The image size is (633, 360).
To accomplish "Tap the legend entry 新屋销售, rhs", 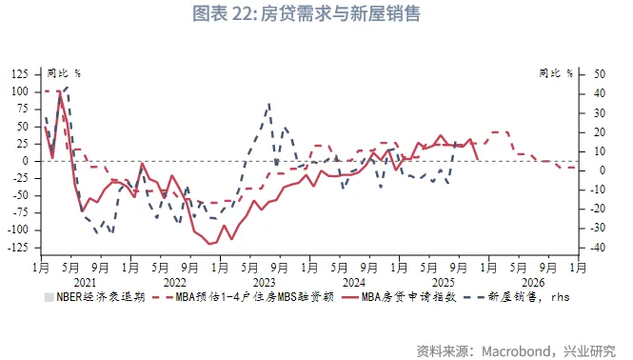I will (524, 297).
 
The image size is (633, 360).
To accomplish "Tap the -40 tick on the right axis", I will (599, 248).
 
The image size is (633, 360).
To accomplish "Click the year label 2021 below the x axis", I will (85, 282).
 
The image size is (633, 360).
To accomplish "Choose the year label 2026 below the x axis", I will (533, 282).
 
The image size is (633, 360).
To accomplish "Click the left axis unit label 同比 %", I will (65, 72).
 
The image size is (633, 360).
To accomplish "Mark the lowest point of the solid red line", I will (208, 244).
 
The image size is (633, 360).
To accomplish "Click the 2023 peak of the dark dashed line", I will (269, 104).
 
